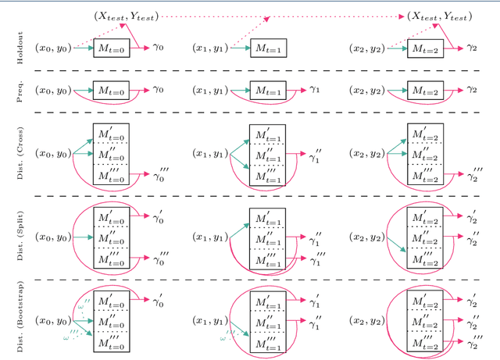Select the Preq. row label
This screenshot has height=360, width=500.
23,91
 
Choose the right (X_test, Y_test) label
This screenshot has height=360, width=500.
440,16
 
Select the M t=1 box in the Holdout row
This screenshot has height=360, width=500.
270,48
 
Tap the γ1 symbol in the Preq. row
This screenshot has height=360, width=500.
315,90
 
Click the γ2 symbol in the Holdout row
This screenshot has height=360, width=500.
472,47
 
